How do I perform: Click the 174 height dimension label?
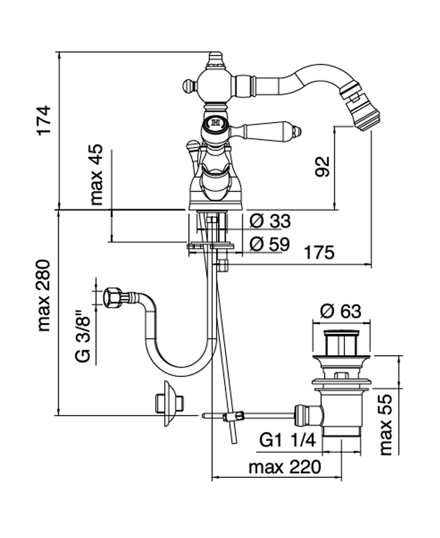click(x=44, y=120)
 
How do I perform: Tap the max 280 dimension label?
click(x=44, y=295)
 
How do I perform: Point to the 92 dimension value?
click(x=323, y=166)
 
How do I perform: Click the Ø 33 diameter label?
click(x=269, y=221)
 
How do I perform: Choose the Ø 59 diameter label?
click(x=269, y=244)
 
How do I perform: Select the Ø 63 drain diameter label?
click(x=341, y=311)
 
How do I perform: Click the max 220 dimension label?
click(x=285, y=467)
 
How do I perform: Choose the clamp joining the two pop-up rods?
click(x=234, y=416)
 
